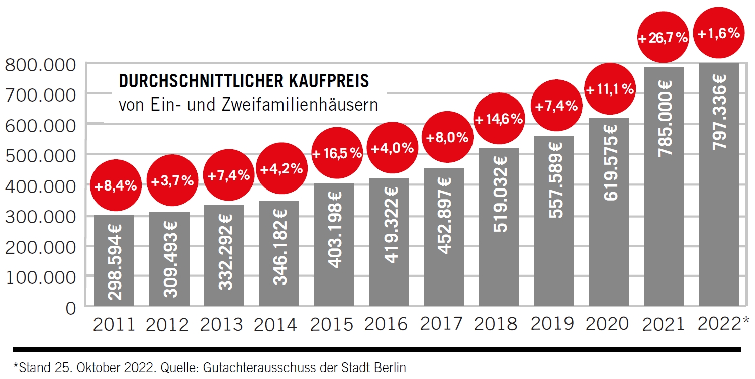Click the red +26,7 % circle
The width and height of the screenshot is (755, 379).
coord(663,38)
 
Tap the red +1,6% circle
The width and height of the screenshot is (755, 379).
coord(718,34)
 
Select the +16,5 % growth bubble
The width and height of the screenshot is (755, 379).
coord(337,153)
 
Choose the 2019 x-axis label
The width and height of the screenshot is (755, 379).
coord(552,324)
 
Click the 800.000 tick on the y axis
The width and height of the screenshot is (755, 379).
coord(40,65)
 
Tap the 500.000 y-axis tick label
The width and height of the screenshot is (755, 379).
coord(40,156)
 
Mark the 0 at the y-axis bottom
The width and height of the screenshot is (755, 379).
coord(70,307)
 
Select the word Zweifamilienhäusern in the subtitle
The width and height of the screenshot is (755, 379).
coord(314,106)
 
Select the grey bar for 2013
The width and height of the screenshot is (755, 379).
coord(224,256)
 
